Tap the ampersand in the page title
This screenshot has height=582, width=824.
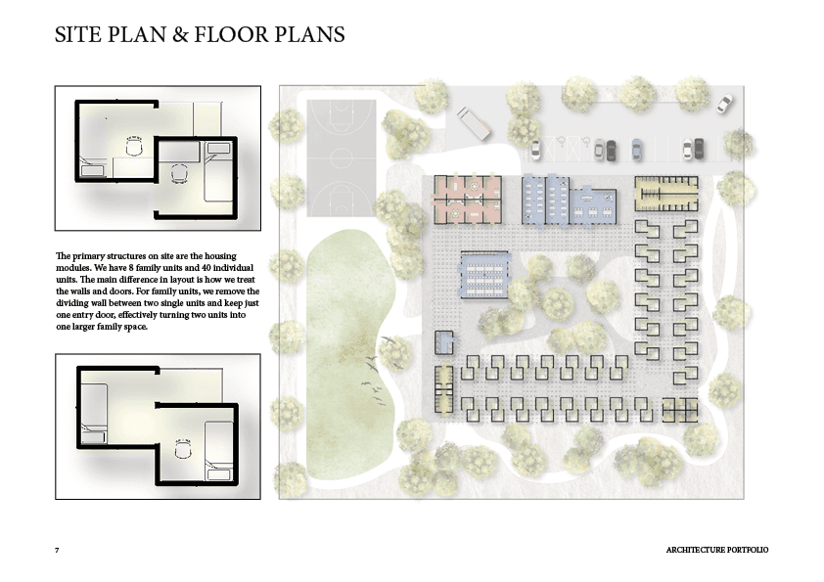pos(180,34)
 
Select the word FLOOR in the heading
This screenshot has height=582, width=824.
pos(231,34)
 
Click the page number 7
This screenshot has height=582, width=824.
pos(57,550)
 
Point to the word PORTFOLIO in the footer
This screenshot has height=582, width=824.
pos(747,550)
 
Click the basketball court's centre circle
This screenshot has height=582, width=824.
pos(342,157)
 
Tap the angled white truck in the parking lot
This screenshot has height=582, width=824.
pos(474,124)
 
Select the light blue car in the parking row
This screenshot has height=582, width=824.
pos(636,150)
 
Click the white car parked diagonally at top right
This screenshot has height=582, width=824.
pos(725,104)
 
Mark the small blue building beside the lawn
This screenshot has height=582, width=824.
pos(444,342)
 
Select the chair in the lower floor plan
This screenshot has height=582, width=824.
pos(182,450)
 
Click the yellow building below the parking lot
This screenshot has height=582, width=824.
pos(666,194)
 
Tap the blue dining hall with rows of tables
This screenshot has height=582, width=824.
pos(484,275)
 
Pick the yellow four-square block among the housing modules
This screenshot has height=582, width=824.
pos(679,410)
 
